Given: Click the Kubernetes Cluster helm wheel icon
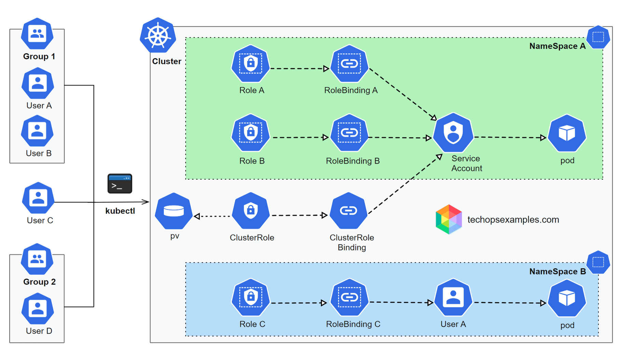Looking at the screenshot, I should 158,36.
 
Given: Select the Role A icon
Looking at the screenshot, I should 251,64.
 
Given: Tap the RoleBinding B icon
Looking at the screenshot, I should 349,133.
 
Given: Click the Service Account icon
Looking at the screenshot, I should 453,133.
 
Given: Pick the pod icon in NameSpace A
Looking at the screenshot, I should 567,134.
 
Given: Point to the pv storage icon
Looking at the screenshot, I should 174,211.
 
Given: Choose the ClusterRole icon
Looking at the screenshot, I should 251,211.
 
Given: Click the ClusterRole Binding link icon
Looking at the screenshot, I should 349,211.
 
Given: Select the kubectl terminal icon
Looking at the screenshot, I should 120,184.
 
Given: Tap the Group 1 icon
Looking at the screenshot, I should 37,34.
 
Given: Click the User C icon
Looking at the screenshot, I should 38,198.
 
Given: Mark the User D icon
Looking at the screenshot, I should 38,309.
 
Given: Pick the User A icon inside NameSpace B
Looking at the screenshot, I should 453,297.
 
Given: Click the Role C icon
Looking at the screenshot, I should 251,297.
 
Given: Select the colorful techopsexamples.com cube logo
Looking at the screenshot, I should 449,219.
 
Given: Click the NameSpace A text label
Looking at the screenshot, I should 557,46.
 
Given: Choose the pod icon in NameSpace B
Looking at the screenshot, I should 567,298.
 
